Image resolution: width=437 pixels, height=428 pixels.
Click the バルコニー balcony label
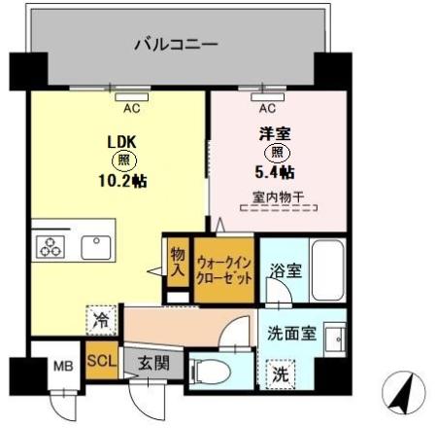click(175, 44)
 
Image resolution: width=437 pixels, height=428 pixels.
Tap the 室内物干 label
click(276, 196)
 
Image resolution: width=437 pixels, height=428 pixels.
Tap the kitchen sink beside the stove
click(96, 246)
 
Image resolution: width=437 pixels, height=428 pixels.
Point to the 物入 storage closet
click(178, 260)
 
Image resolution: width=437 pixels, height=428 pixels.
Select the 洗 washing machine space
click(279, 370)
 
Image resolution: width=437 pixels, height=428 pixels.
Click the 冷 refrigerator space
click(101, 318)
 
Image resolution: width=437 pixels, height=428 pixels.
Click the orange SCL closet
click(102, 361)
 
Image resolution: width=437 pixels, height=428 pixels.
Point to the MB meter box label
click(62, 368)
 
